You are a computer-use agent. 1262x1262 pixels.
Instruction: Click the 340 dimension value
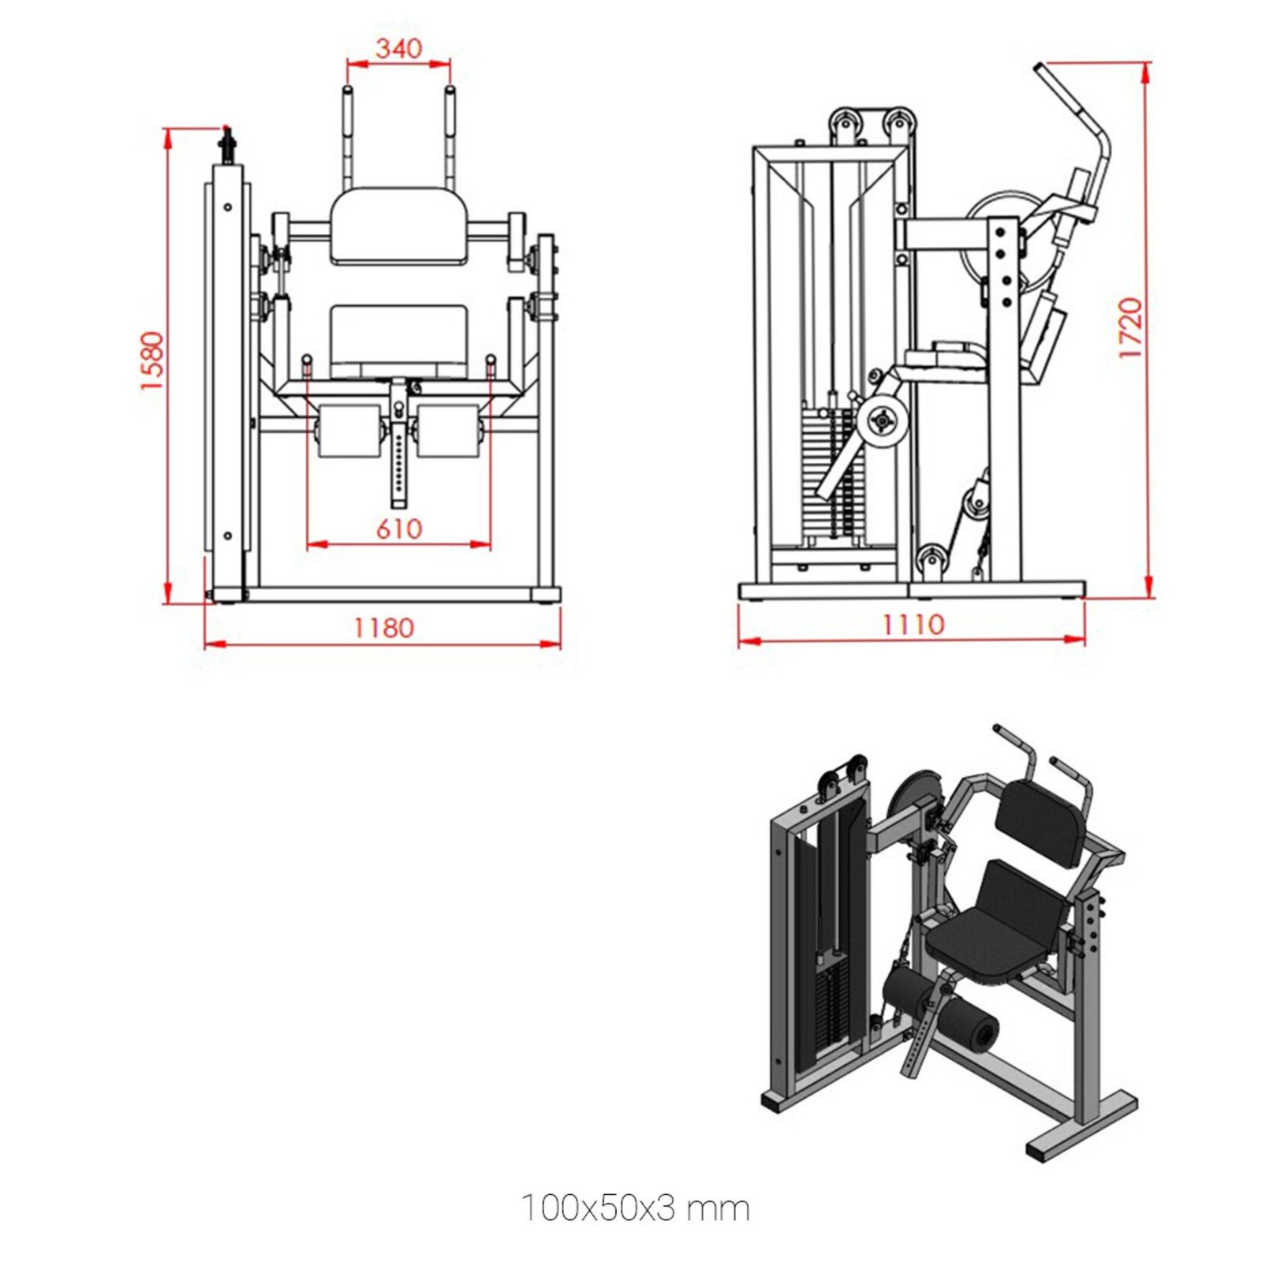pyautogui.click(x=398, y=49)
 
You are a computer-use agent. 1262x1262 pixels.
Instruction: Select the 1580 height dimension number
pyautogui.click(x=151, y=360)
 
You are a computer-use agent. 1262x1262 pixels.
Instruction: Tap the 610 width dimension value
pyautogui.click(x=398, y=528)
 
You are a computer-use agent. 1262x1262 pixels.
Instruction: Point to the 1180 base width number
pyautogui.click(x=383, y=628)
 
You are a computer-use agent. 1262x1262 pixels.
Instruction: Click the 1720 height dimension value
pyautogui.click(x=1129, y=328)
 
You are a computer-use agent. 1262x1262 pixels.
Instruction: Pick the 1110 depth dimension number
pyautogui.click(x=913, y=625)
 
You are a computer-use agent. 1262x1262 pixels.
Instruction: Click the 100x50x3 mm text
pyautogui.click(x=635, y=1208)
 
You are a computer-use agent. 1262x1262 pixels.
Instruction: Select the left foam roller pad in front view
pyautogui.click(x=349, y=431)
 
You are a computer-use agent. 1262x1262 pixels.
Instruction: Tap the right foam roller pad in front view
pyautogui.click(x=448, y=431)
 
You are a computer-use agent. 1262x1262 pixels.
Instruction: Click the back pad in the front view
pyautogui.click(x=398, y=226)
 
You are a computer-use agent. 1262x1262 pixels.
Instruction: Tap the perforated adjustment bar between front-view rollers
pyautogui.click(x=399, y=465)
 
